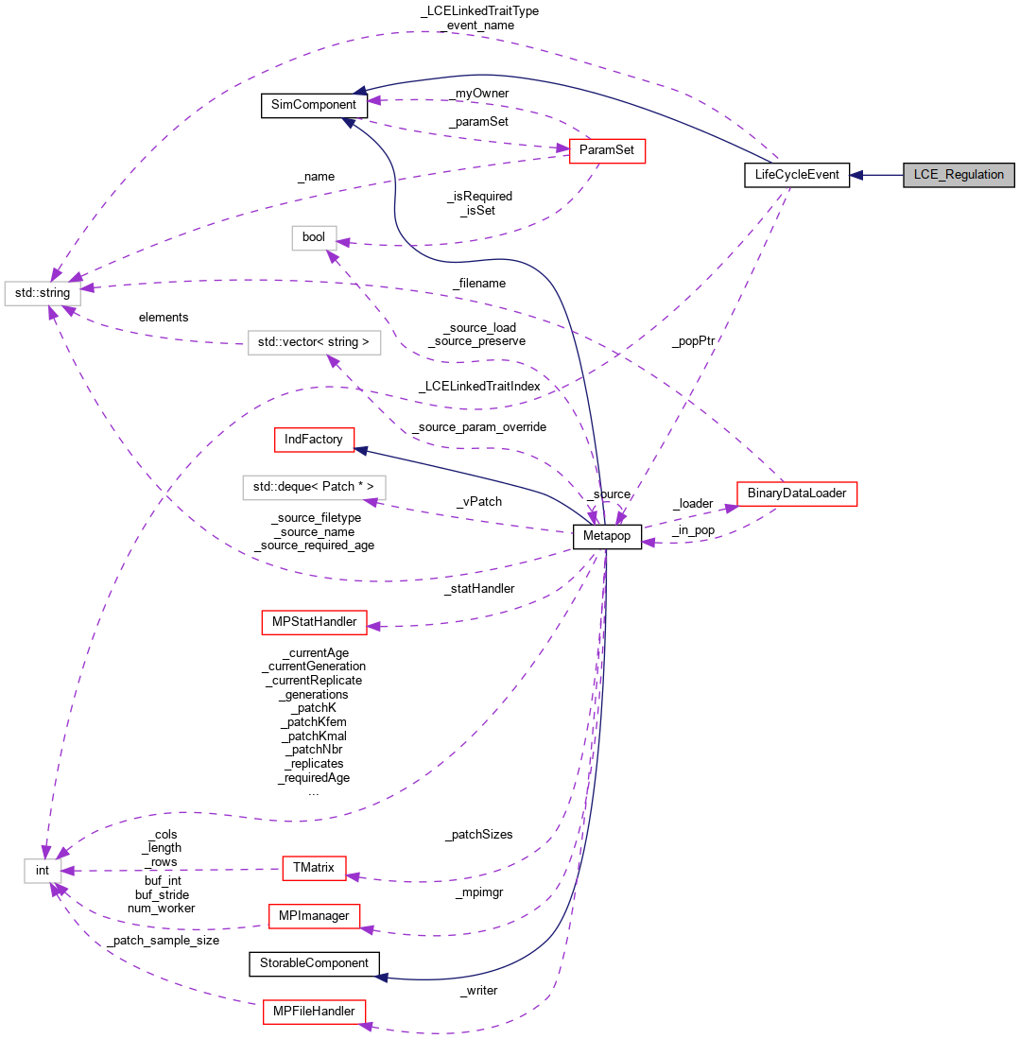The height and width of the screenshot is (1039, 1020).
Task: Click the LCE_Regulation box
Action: click(x=959, y=175)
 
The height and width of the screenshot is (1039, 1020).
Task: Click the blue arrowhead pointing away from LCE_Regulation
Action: click(x=856, y=175)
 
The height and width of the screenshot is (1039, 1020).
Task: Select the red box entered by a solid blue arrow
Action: click(x=314, y=440)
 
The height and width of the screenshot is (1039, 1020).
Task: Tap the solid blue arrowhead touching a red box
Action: click(x=360, y=451)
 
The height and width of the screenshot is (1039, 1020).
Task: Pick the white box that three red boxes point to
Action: click(x=43, y=871)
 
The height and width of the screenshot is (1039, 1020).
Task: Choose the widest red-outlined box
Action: click(x=797, y=494)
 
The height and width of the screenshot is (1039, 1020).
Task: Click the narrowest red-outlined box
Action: click(x=314, y=868)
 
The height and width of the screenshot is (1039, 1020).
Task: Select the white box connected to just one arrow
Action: click(x=314, y=488)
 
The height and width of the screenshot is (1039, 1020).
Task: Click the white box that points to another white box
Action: click(x=314, y=342)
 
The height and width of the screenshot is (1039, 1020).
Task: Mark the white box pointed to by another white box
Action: click(x=43, y=293)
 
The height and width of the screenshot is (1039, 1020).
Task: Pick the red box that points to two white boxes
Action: click(x=607, y=151)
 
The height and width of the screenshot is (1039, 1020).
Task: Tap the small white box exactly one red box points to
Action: click(x=314, y=238)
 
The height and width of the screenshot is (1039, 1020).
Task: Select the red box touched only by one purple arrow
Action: click(x=314, y=622)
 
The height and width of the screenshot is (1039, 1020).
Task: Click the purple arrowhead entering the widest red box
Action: click(x=731, y=509)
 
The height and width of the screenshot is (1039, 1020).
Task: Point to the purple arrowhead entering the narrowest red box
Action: click(x=353, y=877)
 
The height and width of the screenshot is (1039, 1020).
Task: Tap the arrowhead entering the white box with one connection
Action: click(x=372, y=503)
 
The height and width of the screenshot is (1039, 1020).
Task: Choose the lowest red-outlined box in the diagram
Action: click(x=314, y=1012)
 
